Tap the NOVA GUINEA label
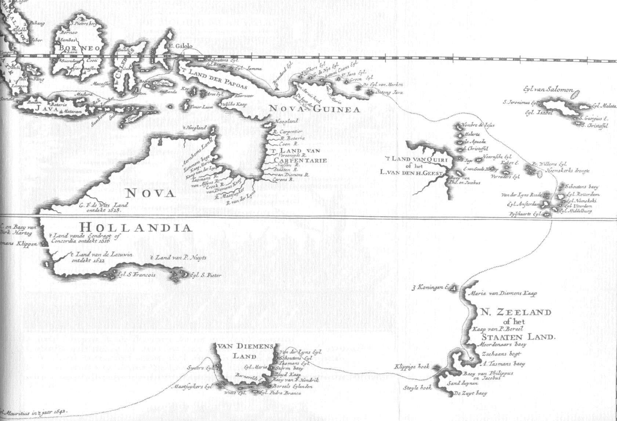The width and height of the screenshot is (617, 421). (314, 109)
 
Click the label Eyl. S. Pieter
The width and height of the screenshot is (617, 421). (206, 275)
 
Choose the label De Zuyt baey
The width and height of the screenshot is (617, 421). (470, 393)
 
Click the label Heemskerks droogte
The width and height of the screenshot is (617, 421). (567, 171)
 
